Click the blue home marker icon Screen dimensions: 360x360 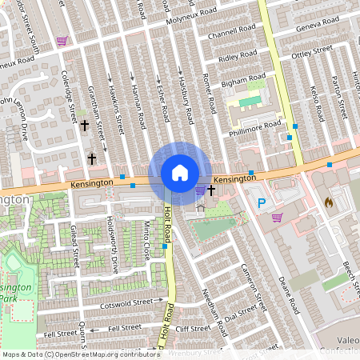(x=180, y=173)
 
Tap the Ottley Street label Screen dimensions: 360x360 (x=312, y=54)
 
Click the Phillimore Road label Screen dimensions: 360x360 (x=254, y=127)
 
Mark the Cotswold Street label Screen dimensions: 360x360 (x=126, y=303)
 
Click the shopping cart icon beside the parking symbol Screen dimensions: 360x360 (x=277, y=217)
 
